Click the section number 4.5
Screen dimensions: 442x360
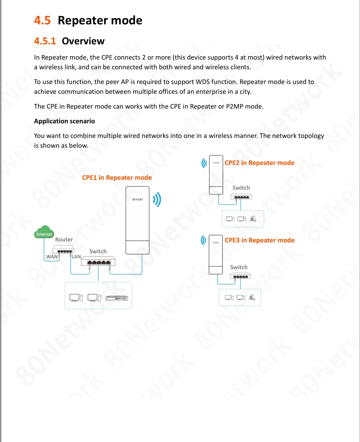coord(42,20)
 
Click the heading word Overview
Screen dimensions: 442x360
coord(83,41)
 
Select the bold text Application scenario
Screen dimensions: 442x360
coord(64,121)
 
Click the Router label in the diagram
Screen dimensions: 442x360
coord(64,239)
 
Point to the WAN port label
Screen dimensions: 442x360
coord(52,256)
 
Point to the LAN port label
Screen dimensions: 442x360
coord(77,256)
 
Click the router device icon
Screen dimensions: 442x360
coord(63,250)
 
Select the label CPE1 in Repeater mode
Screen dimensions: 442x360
coord(117,178)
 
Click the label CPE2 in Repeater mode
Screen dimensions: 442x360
coord(259,163)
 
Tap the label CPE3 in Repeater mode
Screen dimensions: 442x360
coord(259,240)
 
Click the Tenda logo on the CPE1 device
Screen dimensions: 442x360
coord(137,199)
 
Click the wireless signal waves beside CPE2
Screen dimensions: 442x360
coord(204,163)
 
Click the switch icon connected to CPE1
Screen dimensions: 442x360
coord(98,262)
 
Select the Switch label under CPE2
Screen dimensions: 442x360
coord(241,188)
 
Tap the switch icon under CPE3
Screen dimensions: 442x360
coord(240,276)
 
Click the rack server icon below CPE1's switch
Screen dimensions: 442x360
coord(117,298)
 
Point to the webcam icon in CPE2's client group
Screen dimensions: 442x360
coord(253,218)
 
